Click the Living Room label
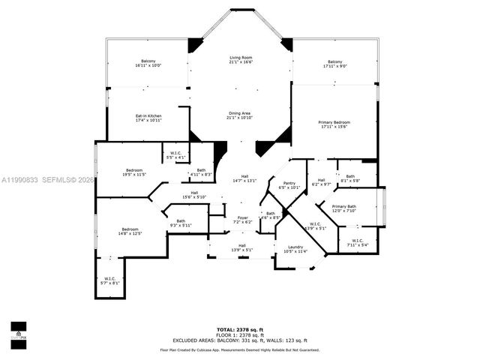240,59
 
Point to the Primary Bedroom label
334,124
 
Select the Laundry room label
295,249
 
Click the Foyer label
243,220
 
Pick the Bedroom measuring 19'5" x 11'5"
135,172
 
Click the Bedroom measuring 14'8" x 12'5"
130,231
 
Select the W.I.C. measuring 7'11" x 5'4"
357,242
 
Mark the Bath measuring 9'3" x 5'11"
181,223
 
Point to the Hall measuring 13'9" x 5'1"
242,247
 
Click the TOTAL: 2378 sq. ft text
239,328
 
